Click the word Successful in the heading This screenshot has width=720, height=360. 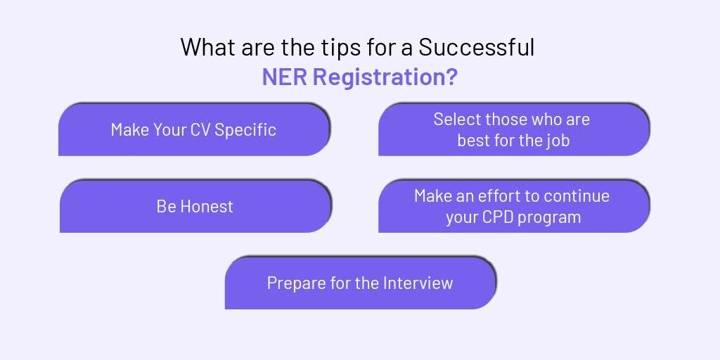point(476,47)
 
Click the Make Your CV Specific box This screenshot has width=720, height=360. point(194,129)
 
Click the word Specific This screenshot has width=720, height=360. point(245,130)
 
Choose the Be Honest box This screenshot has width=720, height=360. point(195,206)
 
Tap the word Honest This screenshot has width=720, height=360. point(207,207)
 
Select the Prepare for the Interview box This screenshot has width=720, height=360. point(360,283)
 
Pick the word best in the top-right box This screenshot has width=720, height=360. point(472,141)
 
